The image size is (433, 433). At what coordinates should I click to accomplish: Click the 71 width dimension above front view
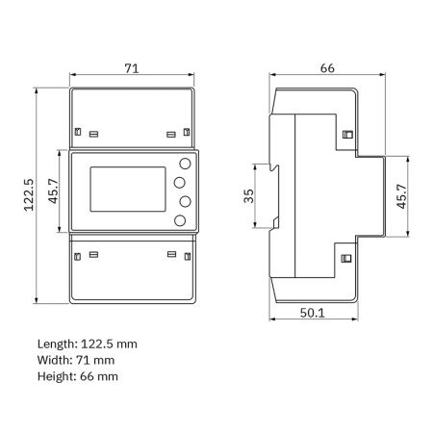(132, 68)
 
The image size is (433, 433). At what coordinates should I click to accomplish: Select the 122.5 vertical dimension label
(29, 194)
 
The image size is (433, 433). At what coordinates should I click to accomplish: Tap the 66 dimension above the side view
(327, 68)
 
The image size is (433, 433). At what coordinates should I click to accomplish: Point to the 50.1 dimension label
(313, 313)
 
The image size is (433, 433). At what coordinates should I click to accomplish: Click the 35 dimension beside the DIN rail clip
(248, 196)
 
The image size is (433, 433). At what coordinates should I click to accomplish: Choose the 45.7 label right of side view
(401, 196)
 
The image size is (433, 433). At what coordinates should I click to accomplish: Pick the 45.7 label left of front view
(53, 191)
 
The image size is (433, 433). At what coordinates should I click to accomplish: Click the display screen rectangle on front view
(128, 190)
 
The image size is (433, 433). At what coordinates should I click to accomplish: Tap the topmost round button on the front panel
(185, 164)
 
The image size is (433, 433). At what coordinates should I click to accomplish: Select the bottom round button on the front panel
(180, 220)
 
